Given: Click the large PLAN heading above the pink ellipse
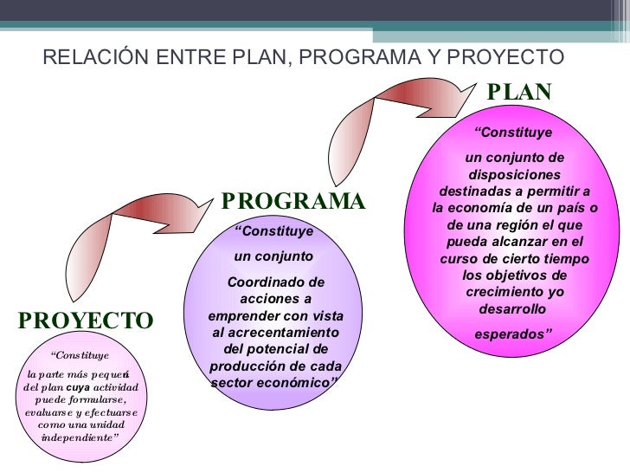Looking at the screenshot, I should tap(519, 92).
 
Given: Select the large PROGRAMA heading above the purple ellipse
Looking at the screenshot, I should tap(293, 202).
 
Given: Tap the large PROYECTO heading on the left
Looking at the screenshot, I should tap(86, 321).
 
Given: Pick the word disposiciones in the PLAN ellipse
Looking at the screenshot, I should tap(514, 173).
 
